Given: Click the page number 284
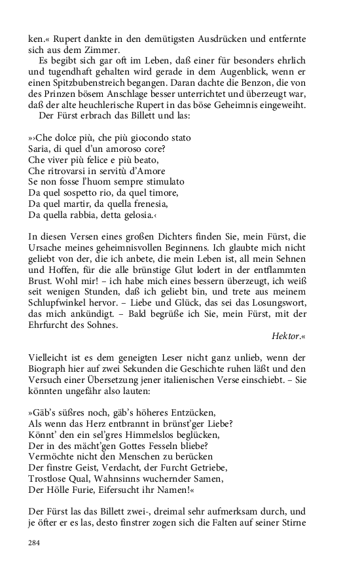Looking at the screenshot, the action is coord(35,543).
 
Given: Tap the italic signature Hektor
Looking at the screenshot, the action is coord(287,336).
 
